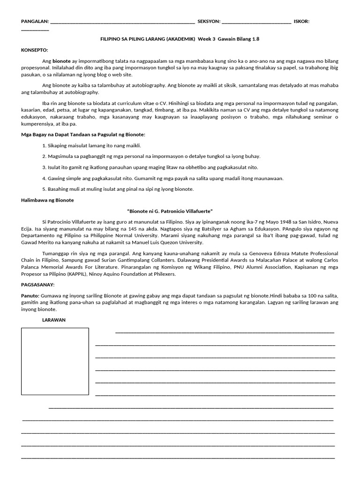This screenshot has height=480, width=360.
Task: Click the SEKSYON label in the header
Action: click(209, 22)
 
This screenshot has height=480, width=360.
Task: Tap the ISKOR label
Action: click(301, 22)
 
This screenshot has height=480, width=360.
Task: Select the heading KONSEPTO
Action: click(35, 50)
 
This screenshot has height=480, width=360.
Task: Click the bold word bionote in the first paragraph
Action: click(62, 61)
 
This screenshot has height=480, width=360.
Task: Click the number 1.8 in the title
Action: click(255, 39)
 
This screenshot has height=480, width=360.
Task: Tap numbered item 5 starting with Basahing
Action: click(117, 189)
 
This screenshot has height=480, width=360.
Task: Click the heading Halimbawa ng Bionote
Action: click(47, 200)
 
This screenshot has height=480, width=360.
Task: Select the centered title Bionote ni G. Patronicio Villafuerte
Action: click(173, 211)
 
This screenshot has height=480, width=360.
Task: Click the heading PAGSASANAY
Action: click(38, 285)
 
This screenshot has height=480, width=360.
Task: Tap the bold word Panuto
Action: click(30, 296)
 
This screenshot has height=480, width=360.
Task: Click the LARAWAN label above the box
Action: click(54, 320)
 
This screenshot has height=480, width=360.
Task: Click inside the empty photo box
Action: click(55, 361)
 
